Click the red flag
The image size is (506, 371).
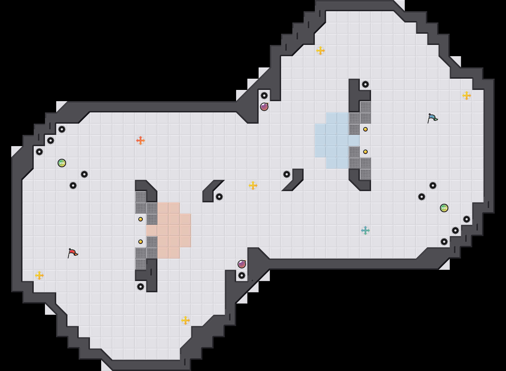click(73, 253)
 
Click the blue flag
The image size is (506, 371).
click(432, 118)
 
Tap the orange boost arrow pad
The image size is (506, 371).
click(141, 141)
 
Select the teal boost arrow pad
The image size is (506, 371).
click(365, 230)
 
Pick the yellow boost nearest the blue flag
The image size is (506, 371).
click(467, 96)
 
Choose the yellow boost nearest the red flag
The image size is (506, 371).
click(39, 275)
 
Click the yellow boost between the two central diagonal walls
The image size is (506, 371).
click(253, 185)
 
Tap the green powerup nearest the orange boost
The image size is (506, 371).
click(62, 163)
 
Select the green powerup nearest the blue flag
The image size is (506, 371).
click(444, 208)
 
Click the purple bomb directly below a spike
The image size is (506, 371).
click(264, 107)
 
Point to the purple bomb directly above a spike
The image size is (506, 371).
click(242, 264)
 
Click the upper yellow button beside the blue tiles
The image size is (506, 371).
click(365, 129)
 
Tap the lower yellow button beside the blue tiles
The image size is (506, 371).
click(365, 152)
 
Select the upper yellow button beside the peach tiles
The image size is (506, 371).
click(141, 219)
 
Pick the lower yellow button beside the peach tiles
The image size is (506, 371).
click(141, 242)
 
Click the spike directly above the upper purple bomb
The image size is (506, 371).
click(264, 96)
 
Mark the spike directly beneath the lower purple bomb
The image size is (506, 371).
click(242, 275)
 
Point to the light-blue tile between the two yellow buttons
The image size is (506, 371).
click(354, 141)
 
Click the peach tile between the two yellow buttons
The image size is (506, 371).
click(152, 230)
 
